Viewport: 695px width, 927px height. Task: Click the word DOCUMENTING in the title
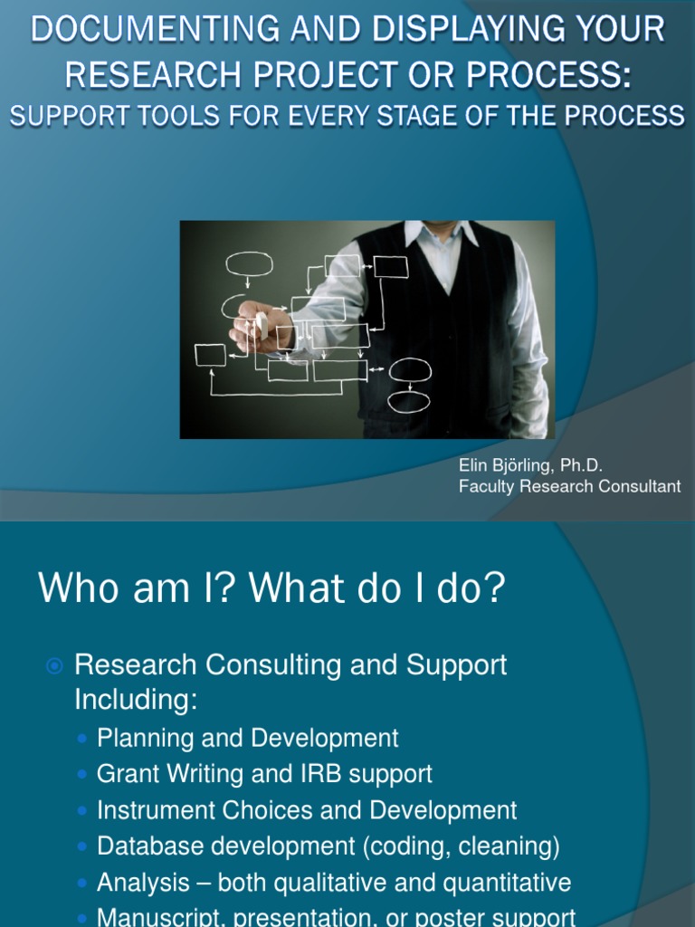point(155,28)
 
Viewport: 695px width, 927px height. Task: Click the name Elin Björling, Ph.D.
point(530,465)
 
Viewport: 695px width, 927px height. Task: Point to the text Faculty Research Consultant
point(570,486)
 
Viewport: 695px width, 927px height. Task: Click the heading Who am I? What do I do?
point(271,588)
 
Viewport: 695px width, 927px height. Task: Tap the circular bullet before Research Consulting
point(54,666)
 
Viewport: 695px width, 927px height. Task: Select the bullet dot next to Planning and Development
point(82,739)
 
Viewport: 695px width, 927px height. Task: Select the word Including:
point(136,700)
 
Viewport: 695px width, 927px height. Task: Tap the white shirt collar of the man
point(441,234)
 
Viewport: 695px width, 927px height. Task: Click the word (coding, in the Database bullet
point(407,846)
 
